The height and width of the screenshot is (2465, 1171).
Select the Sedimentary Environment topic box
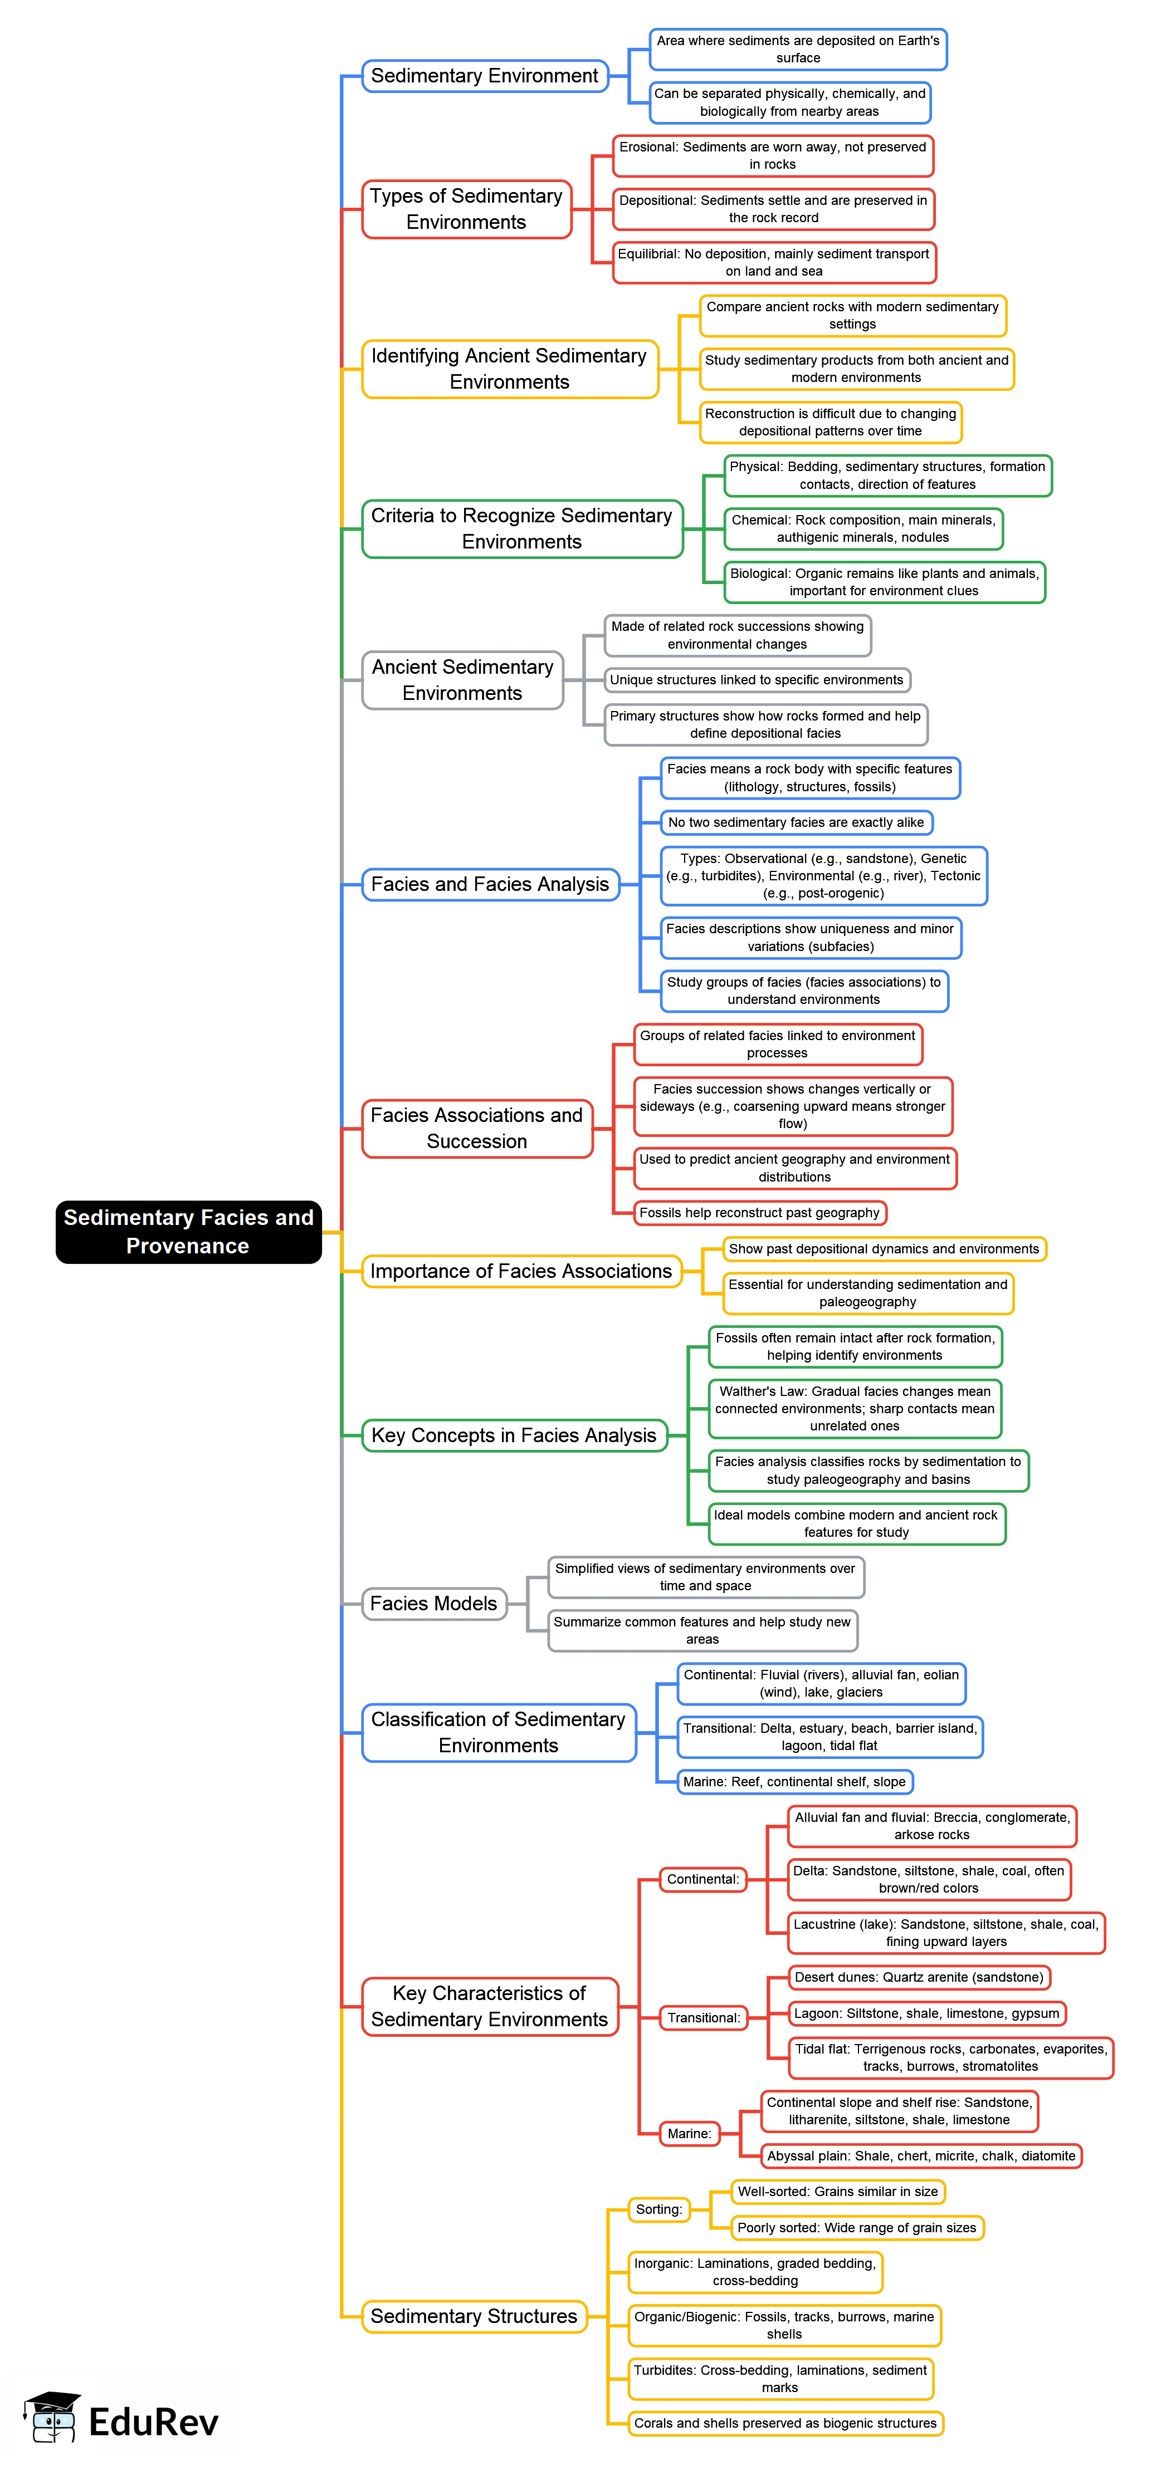click(485, 76)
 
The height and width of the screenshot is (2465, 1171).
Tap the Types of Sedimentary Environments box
click(466, 209)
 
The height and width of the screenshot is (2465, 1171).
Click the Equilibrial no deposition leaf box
click(774, 262)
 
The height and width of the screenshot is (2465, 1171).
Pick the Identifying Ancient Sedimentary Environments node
click(509, 369)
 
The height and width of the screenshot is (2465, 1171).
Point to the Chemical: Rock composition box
click(863, 528)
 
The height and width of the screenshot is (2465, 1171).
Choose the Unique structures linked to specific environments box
click(757, 679)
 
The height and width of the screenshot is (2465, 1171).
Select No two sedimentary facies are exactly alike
click(796, 822)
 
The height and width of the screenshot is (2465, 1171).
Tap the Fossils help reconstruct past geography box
click(759, 1212)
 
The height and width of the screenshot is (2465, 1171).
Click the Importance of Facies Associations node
click(521, 1271)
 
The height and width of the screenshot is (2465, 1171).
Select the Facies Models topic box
click(434, 1603)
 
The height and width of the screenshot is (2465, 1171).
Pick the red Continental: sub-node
click(703, 1879)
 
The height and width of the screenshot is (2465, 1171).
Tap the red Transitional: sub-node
click(704, 2017)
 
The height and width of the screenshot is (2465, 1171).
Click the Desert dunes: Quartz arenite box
click(918, 1977)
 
